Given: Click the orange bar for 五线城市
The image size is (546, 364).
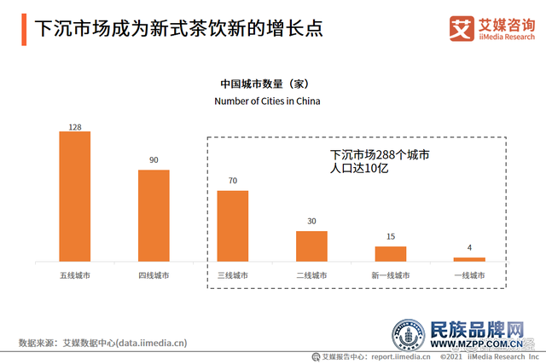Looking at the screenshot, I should pos(75,196).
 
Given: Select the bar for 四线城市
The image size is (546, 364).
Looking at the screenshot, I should pos(154,215).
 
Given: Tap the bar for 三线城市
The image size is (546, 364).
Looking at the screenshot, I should pos(233,225).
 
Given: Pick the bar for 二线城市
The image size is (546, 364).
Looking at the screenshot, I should pos(311,246).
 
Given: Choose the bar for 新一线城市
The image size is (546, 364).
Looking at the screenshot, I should pos(391,253).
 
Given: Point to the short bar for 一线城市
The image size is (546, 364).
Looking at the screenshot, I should pos(469,258).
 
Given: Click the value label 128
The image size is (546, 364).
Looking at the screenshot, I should pos(75,127).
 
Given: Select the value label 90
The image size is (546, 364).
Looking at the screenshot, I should pos(154,160).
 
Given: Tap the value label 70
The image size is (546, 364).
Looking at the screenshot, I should pos(233,181).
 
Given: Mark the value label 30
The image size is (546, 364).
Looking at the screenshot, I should pos(311,222).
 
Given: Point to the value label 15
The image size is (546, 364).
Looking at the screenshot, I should pos(391,237).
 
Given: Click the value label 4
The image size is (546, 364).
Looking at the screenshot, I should pos(469,248).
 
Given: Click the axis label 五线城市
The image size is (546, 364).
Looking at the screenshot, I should pos(75,275).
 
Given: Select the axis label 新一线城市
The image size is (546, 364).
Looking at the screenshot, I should pos(391,275).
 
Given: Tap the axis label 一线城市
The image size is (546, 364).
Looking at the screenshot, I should pos(469,275).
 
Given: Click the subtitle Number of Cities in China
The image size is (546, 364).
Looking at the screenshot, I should pos(266,101).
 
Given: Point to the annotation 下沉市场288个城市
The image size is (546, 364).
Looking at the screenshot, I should pos(379,155).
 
